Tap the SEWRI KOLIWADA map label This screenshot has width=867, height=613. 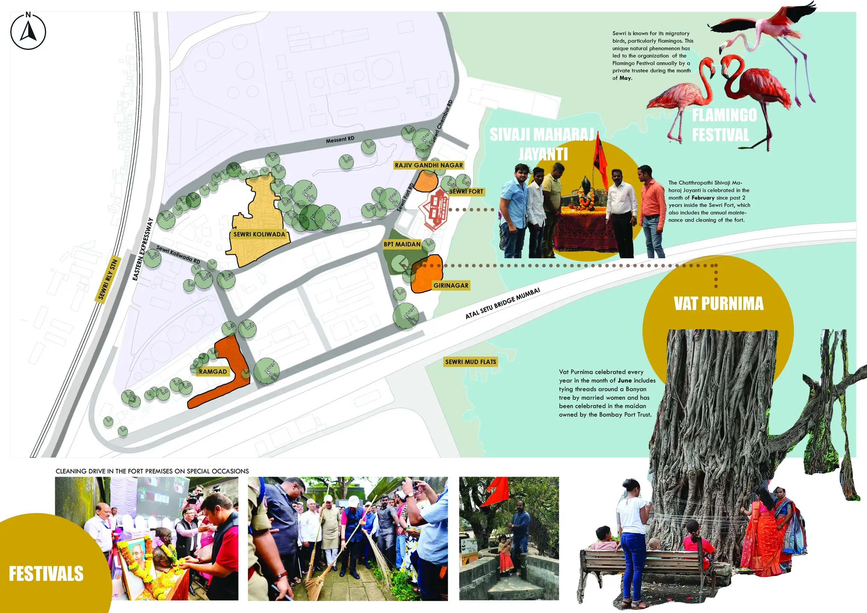pyautogui.click(x=259, y=234)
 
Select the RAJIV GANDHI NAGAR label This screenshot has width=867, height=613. pyautogui.click(x=428, y=165)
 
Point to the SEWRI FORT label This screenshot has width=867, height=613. pyautogui.click(x=466, y=192)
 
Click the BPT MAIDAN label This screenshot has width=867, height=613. pyautogui.click(x=402, y=244)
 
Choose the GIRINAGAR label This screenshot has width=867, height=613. pyautogui.click(x=451, y=286)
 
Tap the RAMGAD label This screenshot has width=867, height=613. pyautogui.click(x=213, y=372)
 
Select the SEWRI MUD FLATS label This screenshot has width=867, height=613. pyautogui.click(x=470, y=362)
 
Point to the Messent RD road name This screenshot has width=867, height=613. pyautogui.click(x=340, y=139)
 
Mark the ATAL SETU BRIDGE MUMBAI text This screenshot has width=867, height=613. pyautogui.click(x=503, y=303)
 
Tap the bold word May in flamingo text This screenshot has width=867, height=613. pyautogui.click(x=625, y=78)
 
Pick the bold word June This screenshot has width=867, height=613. pyautogui.click(x=624, y=381)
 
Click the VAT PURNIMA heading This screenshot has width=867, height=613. pyautogui.click(x=718, y=304)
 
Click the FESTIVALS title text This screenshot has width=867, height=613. pyautogui.click(x=46, y=574)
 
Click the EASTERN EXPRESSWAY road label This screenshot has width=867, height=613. pyautogui.click(x=143, y=249)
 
